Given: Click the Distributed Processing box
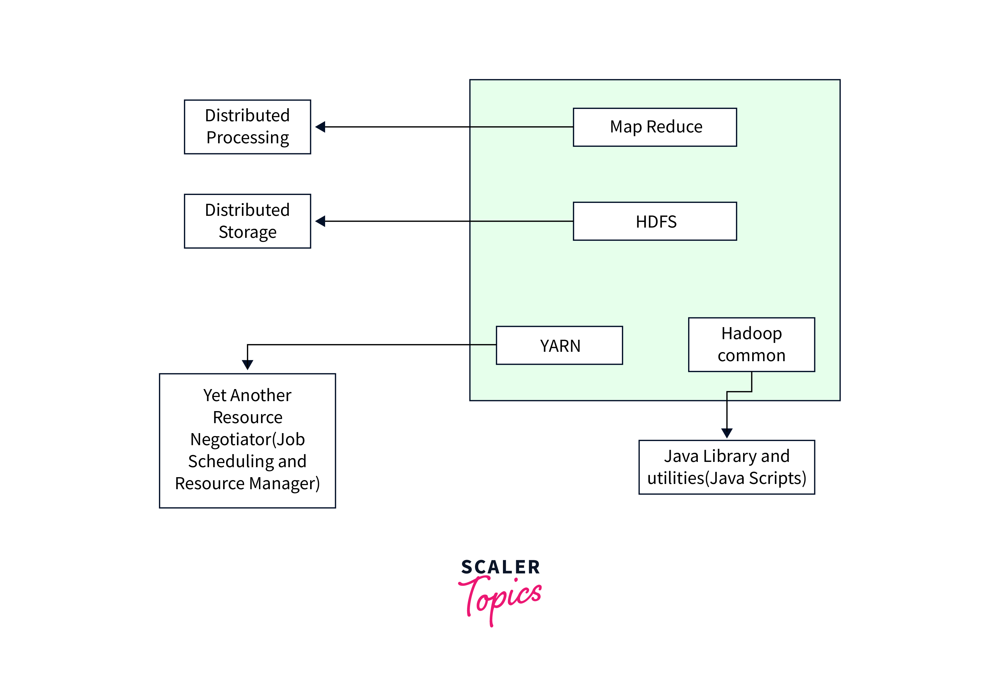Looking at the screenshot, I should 247,127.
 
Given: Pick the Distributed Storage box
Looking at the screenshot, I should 247,221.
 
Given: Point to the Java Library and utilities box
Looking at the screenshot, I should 727,467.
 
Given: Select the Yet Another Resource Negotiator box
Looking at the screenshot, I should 247,440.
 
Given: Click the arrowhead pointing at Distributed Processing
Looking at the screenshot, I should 320,127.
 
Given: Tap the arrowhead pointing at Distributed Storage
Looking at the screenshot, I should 320,221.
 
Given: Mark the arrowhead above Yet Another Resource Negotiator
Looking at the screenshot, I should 247,365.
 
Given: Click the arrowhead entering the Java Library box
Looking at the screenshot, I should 727,433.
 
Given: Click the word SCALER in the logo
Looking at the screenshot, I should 500,567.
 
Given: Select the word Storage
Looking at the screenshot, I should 247,232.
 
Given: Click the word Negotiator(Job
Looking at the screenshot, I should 247,439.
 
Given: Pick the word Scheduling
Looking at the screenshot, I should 231,462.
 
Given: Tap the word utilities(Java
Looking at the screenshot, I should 696,478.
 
